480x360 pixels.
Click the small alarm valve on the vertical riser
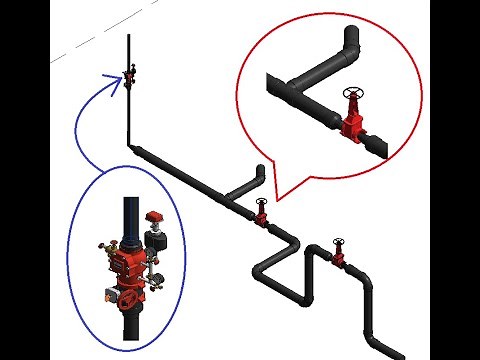tap(129, 73)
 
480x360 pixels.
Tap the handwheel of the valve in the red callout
tap(351, 95)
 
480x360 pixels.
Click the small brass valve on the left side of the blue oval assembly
tap(103, 246)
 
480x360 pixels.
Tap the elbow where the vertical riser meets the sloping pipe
tap(133, 148)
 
